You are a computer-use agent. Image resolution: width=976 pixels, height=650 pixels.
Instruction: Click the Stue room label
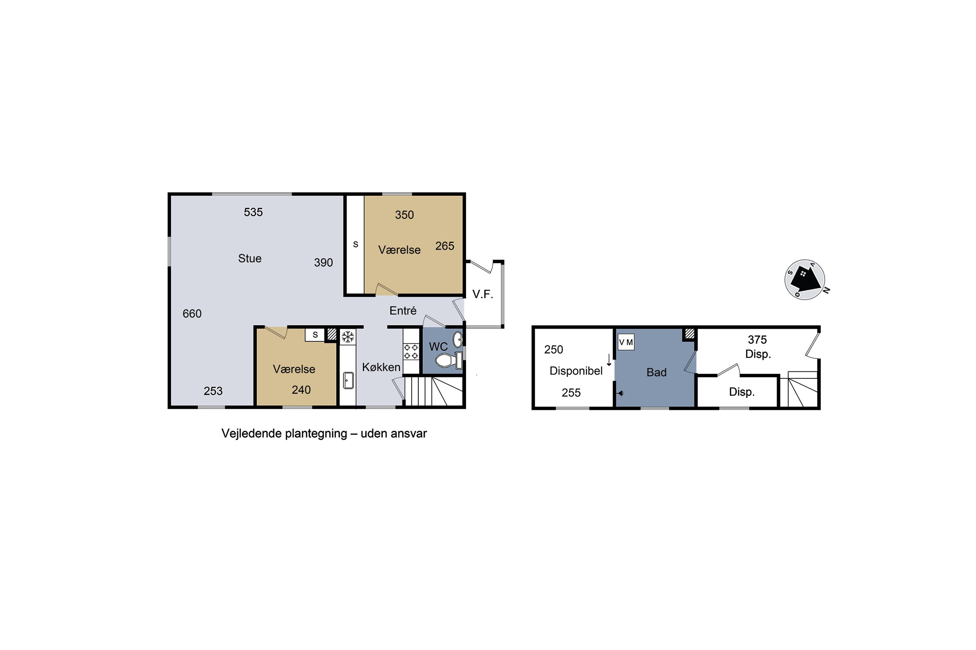[250, 258]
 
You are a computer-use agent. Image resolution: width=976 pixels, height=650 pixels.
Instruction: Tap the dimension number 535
[253, 212]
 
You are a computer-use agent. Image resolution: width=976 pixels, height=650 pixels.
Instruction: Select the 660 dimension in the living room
[192, 313]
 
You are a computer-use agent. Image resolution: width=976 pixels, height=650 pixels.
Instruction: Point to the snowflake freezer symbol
[348, 337]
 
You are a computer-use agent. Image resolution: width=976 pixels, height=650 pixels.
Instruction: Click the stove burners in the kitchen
[411, 351]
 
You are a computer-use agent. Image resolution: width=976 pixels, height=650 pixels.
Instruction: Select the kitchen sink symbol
[348, 380]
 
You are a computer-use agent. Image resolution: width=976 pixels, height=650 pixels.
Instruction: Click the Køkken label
[381, 367]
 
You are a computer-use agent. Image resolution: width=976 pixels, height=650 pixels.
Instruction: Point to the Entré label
[402, 310]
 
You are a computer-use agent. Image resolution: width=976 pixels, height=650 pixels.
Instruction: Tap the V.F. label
[482, 294]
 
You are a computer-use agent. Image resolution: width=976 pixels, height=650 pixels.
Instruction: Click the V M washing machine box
[626, 342]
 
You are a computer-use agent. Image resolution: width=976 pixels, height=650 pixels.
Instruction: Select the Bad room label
[657, 372]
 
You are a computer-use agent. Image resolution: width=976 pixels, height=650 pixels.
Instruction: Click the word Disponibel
[576, 370]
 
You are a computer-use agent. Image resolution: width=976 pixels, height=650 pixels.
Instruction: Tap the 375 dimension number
[757, 340]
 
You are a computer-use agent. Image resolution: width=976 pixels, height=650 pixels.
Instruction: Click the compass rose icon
[805, 280]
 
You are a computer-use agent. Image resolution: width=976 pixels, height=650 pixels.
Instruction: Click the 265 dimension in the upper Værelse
[445, 246]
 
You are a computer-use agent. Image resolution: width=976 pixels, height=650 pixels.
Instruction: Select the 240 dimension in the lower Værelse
[301, 390]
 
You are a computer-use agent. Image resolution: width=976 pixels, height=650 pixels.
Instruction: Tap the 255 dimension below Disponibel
[571, 393]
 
